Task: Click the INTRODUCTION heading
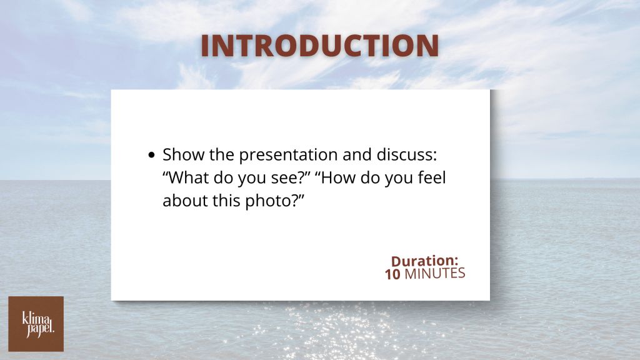click(x=319, y=45)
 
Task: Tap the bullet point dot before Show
click(x=152, y=155)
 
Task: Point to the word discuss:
click(x=406, y=155)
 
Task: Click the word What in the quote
click(x=186, y=177)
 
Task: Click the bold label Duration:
click(x=424, y=261)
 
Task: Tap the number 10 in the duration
click(x=392, y=274)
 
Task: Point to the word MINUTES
click(x=435, y=274)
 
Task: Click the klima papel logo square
click(x=36, y=324)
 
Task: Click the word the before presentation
click(x=222, y=155)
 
